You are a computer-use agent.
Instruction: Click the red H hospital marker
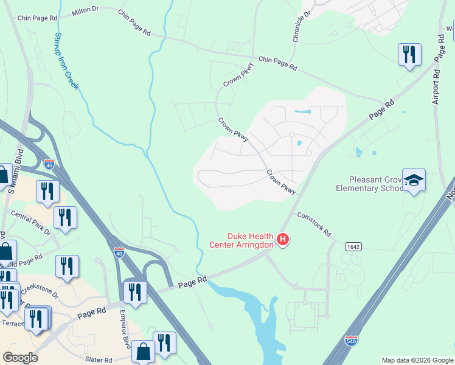click(282, 240)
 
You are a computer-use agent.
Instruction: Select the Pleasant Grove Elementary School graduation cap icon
click(414, 180)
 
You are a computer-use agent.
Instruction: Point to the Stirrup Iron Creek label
click(67, 61)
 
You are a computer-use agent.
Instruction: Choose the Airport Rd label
click(436, 85)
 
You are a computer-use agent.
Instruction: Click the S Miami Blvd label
click(15, 172)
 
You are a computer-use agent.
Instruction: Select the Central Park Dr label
click(30, 222)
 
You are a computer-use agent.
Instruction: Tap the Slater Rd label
click(100, 360)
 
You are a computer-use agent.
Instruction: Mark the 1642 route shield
click(352, 246)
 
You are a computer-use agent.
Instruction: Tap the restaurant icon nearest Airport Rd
click(409, 55)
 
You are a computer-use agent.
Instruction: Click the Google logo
click(20, 358)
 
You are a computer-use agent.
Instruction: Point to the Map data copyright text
click(417, 360)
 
